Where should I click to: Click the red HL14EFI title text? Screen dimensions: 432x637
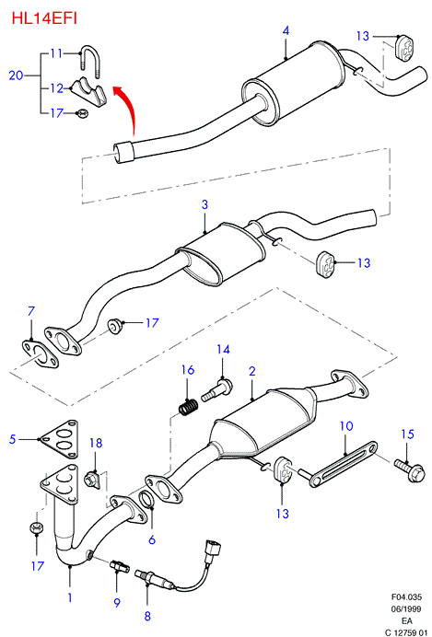tap(44, 18)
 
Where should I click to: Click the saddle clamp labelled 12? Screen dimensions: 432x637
tap(88, 90)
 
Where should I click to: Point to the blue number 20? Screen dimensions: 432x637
tap(16, 75)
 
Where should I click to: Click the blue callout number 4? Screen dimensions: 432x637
tap(286, 31)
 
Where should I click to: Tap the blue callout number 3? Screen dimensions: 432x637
tap(204, 204)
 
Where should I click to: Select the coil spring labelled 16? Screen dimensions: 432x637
tap(189, 407)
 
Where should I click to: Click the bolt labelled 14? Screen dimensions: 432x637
tap(217, 390)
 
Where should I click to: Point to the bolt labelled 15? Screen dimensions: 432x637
tap(410, 470)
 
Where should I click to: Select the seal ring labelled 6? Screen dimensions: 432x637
tap(147, 500)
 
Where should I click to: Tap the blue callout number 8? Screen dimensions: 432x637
tap(147, 616)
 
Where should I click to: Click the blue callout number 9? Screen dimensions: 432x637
tap(117, 603)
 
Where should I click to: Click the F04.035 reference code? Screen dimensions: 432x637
tap(406, 597)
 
